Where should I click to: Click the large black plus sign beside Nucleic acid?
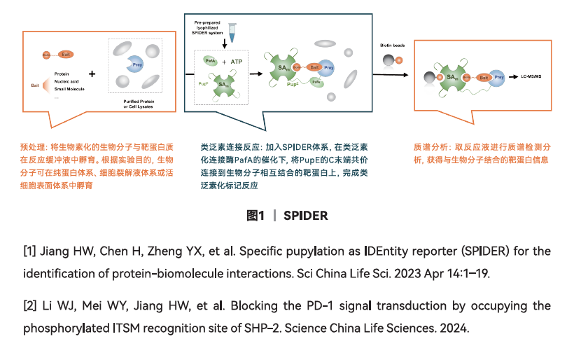pyautogui.click(x=92, y=74)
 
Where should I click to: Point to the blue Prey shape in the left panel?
pyautogui.click(x=135, y=64)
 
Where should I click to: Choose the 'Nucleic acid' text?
pyautogui.click(x=68, y=82)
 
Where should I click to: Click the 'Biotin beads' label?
pyautogui.click(x=392, y=44)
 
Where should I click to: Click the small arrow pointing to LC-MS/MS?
pyautogui.click(x=512, y=75)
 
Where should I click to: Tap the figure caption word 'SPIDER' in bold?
pyautogui.click(x=305, y=216)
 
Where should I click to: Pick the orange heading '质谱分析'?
pyautogui.click(x=427, y=148)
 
